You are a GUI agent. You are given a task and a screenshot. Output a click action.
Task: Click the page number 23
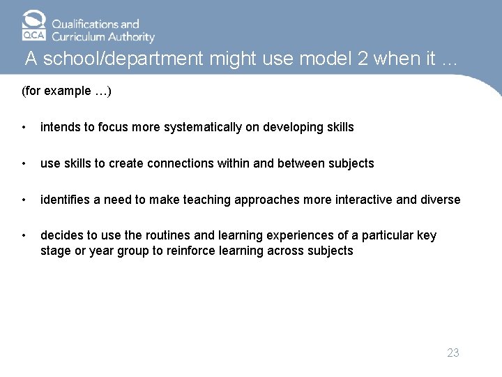pyautogui.click(x=453, y=353)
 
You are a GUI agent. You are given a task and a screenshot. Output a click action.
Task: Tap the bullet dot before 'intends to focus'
pyautogui.click(x=25, y=128)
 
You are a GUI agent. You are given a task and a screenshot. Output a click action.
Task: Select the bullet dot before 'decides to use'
pyautogui.click(x=25, y=236)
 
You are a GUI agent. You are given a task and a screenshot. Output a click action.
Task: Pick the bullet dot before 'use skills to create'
pyautogui.click(x=25, y=164)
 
